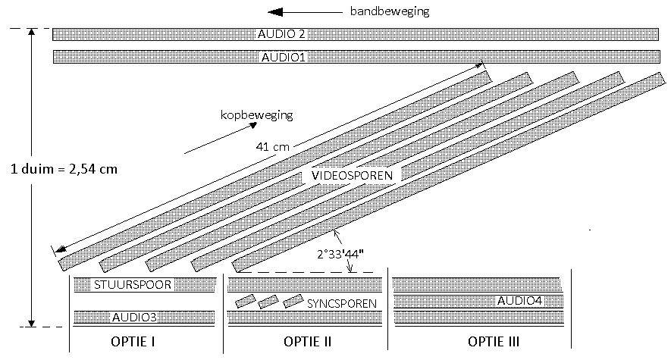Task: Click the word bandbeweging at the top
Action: [x=390, y=11]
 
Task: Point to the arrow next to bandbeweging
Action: [x=303, y=12]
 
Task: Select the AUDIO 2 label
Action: [x=282, y=34]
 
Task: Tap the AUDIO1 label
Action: [x=283, y=57]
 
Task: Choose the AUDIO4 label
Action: [x=519, y=301]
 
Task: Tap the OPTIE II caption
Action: [x=307, y=342]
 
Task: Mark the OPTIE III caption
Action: [x=493, y=342]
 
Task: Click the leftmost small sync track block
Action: [x=244, y=302]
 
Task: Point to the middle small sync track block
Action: [x=268, y=302]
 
